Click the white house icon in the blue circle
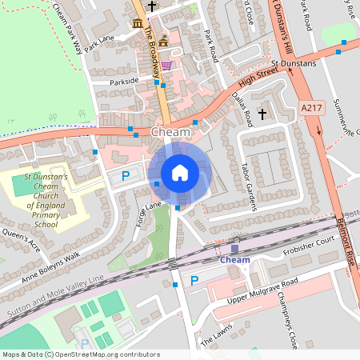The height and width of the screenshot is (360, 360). (x=180, y=172)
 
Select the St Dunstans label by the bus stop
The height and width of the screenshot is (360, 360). (x=293, y=63)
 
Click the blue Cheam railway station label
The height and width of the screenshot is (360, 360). (x=234, y=259)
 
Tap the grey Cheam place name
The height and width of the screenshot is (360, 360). (x=170, y=131)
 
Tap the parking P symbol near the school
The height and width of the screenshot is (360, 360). (x=125, y=175)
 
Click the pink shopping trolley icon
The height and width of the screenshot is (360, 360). (x=166, y=66)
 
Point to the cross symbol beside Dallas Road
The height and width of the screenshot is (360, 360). (x=265, y=114)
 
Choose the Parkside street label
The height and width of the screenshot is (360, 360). (x=126, y=82)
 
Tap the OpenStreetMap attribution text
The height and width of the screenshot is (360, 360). (x=81, y=354)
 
